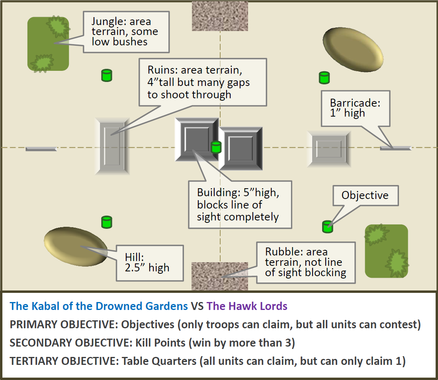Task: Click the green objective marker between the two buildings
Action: pyautogui.click(x=216, y=147)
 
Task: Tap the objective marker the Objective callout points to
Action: pyautogui.click(x=327, y=226)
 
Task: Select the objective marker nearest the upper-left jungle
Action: pyautogui.click(x=107, y=75)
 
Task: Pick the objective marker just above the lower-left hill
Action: pyautogui.click(x=107, y=222)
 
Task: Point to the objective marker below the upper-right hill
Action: pyautogui.click(x=324, y=78)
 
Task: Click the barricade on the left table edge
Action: pyautogui.click(x=41, y=149)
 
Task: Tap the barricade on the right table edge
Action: pyautogui.click(x=396, y=148)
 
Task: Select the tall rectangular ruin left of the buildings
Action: pyautogui.click(x=112, y=146)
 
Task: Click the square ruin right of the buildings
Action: pyautogui.click(x=329, y=149)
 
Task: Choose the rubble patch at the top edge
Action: pyautogui.click(x=220, y=16)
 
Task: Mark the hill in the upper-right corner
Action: pyautogui.click(x=353, y=49)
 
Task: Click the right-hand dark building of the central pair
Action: pyautogui.click(x=240, y=148)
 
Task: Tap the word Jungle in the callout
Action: pyautogui.click(x=107, y=21)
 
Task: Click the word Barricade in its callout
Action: pyautogui.click(x=355, y=103)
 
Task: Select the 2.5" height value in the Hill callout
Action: pyautogui.click(x=135, y=267)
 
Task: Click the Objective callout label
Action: pyautogui.click(x=365, y=195)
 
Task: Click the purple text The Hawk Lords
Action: pyautogui.click(x=247, y=306)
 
